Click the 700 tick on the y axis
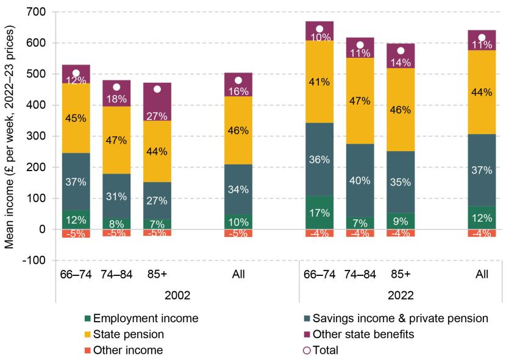click(40, 12)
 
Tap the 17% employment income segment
click(319, 213)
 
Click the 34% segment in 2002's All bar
click(238, 189)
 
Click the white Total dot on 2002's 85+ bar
click(157, 89)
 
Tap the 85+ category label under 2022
click(401, 275)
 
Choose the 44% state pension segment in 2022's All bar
click(482, 92)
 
